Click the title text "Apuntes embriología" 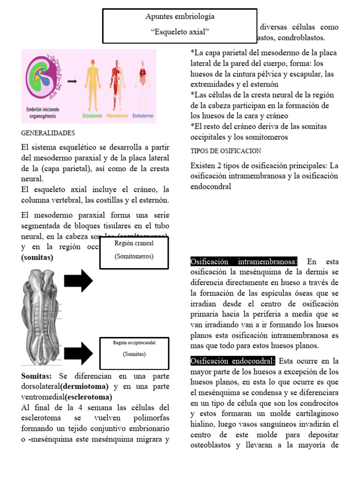(180, 16)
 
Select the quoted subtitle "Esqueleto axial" (180, 32)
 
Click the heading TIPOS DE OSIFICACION (226, 151)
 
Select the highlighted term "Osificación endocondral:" (233, 361)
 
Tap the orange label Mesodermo (119, 115)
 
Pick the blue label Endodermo (144, 115)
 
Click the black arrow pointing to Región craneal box (78, 281)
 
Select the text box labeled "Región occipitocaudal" (134, 349)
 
